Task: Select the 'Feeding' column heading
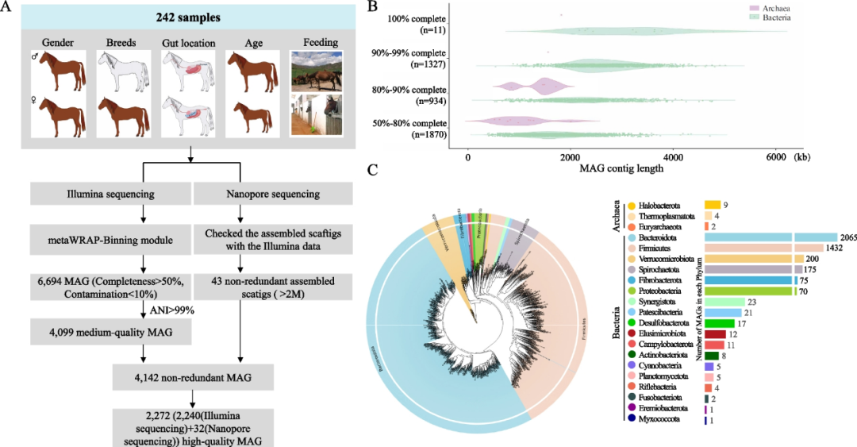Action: (316, 41)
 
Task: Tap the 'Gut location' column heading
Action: (186, 41)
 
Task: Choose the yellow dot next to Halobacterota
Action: (630, 206)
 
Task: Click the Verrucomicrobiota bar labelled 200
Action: (748, 259)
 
